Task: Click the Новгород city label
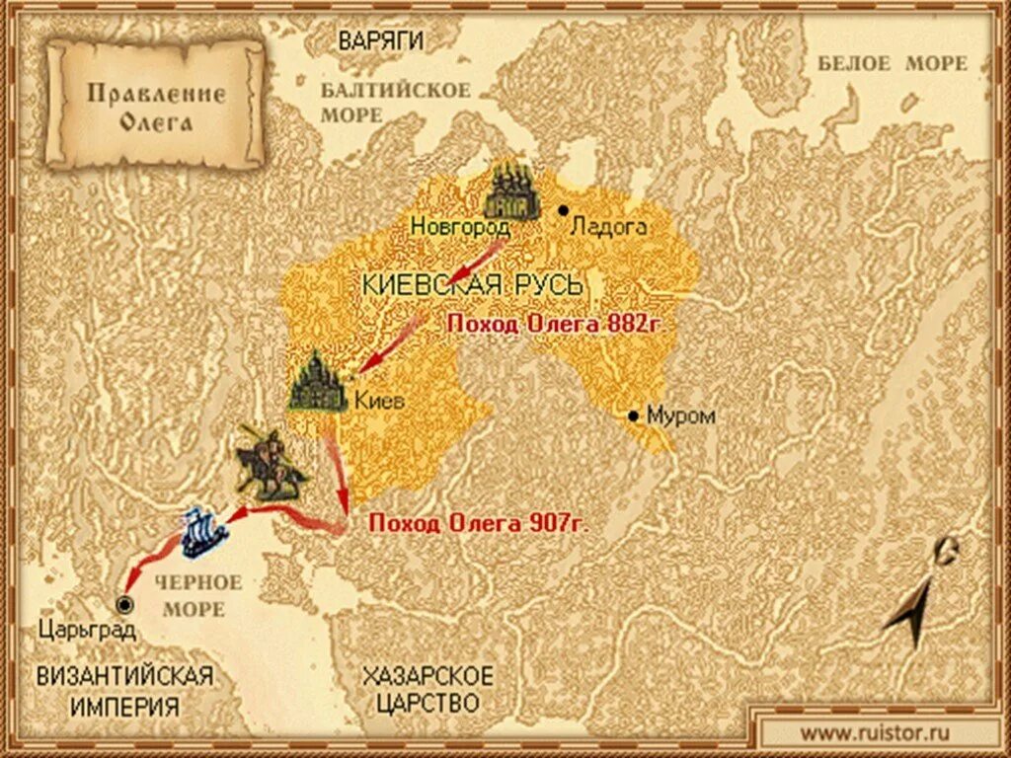(x=460, y=227)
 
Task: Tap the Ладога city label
(x=609, y=226)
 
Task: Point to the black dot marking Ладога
(x=563, y=210)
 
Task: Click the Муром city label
(x=680, y=417)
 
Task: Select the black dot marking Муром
(x=633, y=416)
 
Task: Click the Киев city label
(x=378, y=402)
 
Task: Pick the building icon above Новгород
(x=511, y=190)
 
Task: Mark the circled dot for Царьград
(x=124, y=605)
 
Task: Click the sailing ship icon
(x=205, y=531)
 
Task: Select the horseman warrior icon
(x=268, y=463)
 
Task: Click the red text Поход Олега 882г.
(x=566, y=323)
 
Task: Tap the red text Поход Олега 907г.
(x=478, y=524)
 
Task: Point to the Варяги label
(x=381, y=40)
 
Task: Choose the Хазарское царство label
(x=427, y=690)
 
